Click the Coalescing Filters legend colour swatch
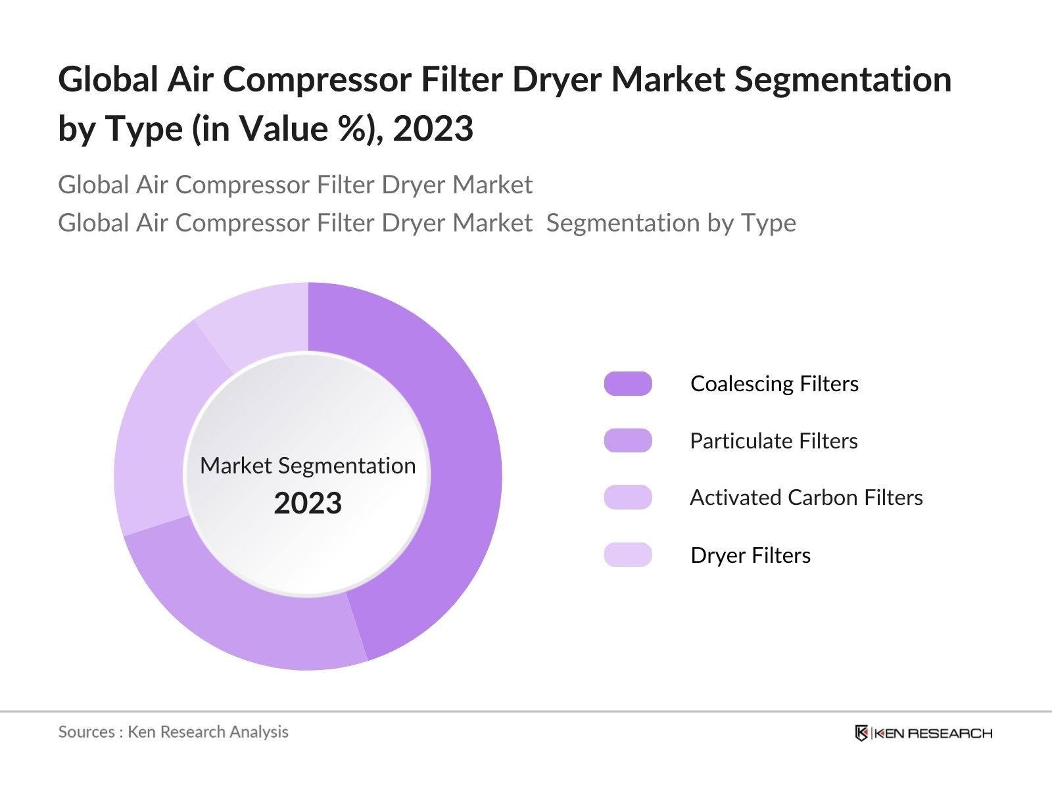[x=628, y=384]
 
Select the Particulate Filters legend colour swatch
[x=628, y=441]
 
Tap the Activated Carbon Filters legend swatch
[x=628, y=498]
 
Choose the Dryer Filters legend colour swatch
[x=628, y=555]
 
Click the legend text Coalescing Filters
[x=774, y=384]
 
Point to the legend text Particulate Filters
[x=773, y=441]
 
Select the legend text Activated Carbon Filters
[x=806, y=498]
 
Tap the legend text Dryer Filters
[x=750, y=556]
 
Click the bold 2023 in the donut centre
[x=308, y=504]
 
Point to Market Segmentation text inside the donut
[x=308, y=466]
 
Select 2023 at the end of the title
[x=433, y=129]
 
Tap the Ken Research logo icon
[x=861, y=733]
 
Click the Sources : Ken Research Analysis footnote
[x=173, y=732]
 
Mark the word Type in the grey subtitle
[x=769, y=224]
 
